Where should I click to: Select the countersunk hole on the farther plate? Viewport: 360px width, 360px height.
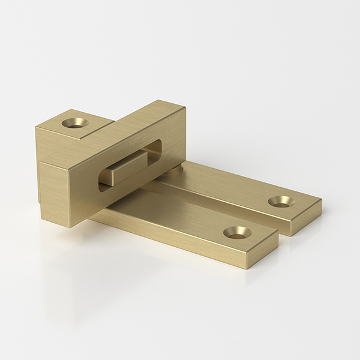point(281,201)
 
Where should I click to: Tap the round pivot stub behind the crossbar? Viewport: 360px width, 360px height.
point(174,172)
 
